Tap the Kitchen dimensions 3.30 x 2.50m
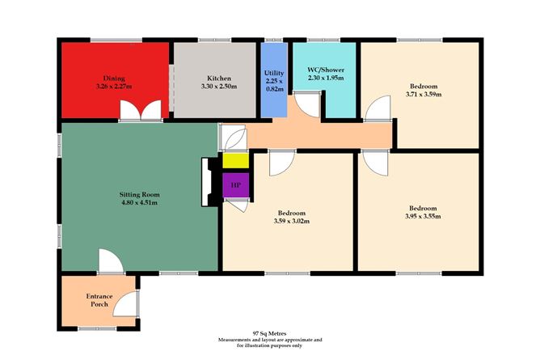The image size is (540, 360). click(214, 87)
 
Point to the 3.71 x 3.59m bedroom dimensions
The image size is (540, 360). click(423, 95)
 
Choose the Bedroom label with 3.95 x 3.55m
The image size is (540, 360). click(423, 207)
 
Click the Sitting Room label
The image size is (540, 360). click(137, 195)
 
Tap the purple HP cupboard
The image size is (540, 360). click(236, 185)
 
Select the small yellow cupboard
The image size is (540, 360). click(236, 160)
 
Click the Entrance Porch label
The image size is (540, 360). click(98, 301)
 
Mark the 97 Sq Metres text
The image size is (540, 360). click(268, 332)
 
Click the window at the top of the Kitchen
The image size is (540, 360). click(213, 39)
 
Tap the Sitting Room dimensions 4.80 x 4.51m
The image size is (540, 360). click(137, 204)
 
